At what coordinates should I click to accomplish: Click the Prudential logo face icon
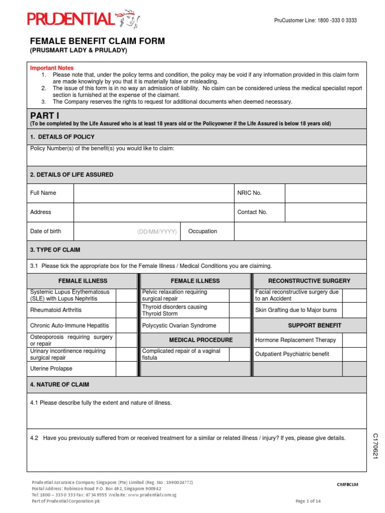(x=129, y=20)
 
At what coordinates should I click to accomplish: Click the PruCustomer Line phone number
(x=315, y=21)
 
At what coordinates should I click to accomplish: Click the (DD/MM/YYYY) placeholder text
(x=157, y=231)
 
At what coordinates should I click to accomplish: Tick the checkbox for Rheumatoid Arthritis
(x=126, y=310)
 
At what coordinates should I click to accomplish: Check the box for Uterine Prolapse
(x=126, y=369)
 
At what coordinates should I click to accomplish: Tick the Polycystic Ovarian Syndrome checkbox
(x=239, y=326)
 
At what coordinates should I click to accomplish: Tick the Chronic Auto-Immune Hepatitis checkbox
(x=126, y=326)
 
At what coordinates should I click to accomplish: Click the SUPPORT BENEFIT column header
(x=314, y=326)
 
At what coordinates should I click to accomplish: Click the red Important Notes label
(x=52, y=68)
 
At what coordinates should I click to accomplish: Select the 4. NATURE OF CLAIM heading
(x=60, y=385)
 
